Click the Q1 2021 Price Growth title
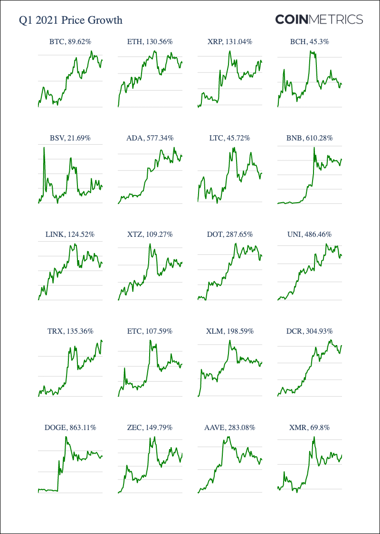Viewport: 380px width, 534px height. pyautogui.click(x=70, y=20)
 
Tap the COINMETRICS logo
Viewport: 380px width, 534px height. pyautogui.click(x=319, y=19)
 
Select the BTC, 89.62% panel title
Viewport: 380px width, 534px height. pyautogui.click(x=70, y=42)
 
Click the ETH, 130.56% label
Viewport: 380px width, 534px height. pyautogui.click(x=150, y=42)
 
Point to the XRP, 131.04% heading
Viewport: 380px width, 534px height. pyautogui.click(x=229, y=42)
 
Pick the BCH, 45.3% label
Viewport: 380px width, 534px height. pyautogui.click(x=309, y=42)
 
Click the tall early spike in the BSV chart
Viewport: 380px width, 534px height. pyautogui.click(x=44, y=148)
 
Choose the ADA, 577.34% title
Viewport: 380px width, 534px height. pyautogui.click(x=150, y=138)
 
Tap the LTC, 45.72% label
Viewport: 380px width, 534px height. pyautogui.click(x=229, y=138)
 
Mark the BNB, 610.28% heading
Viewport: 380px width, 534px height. pyautogui.click(x=309, y=138)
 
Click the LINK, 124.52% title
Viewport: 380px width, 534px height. pyautogui.click(x=70, y=234)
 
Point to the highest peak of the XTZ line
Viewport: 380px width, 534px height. pyautogui.click(x=150, y=244)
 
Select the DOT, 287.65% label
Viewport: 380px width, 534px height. pyautogui.click(x=229, y=234)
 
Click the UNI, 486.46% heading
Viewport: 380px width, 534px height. pyautogui.click(x=309, y=234)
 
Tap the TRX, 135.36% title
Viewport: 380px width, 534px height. pyautogui.click(x=70, y=331)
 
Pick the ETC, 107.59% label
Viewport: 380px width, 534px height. pyautogui.click(x=150, y=331)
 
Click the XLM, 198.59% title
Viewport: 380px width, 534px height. pyautogui.click(x=229, y=331)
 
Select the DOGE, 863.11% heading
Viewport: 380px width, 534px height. pyautogui.click(x=70, y=427)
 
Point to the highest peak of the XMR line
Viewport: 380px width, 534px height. pyautogui.click(x=314, y=437)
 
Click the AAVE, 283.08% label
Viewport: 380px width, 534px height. pyautogui.click(x=229, y=427)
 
